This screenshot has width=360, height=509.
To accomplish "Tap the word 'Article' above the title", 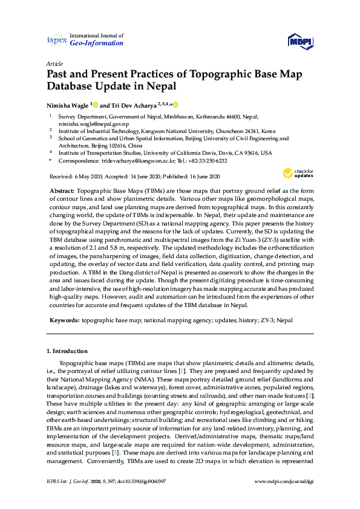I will pos(53,63).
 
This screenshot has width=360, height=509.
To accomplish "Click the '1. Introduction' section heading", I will pos(68,351).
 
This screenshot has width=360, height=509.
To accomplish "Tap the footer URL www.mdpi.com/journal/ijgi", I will pos(284,498).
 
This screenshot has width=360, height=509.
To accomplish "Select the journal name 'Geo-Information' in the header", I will pos(97,43).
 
